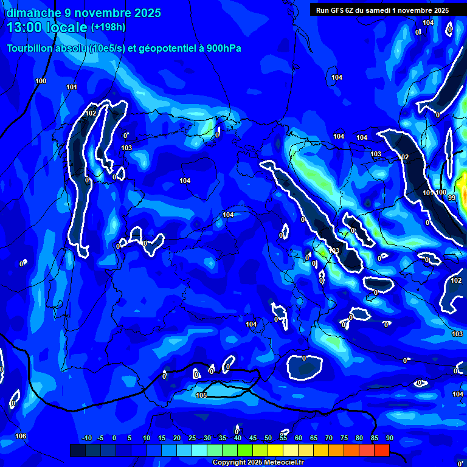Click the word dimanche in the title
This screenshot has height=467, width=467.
coord(33,13)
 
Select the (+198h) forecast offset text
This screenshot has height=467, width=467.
coord(108,27)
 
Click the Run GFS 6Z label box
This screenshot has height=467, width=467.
coord(382,10)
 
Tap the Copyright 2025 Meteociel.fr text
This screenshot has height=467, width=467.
coord(258,463)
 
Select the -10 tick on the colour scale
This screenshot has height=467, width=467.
coord(86,438)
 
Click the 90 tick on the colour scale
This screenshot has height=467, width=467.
coord(389,438)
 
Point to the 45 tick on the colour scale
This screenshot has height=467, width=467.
coord(252,438)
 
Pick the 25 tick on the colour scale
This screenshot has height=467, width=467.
coord(192,438)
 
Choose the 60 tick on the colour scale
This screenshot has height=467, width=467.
coord(298,438)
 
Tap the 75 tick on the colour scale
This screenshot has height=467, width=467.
coord(344,438)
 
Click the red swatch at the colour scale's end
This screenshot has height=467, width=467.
coord(381,450)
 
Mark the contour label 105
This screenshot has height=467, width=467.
coord(202,396)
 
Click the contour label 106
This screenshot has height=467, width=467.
coord(21,436)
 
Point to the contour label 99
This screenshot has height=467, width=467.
coord(451,198)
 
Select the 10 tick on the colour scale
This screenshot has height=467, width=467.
coord(146,438)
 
